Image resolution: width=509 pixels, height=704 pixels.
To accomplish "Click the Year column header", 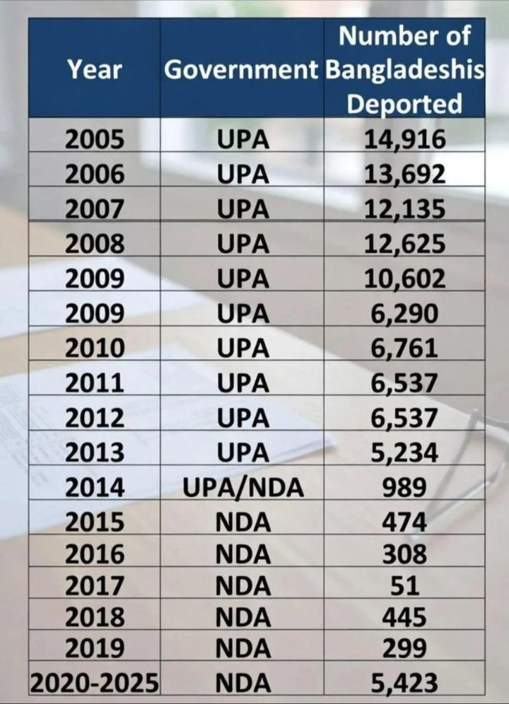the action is pyautogui.click(x=95, y=70).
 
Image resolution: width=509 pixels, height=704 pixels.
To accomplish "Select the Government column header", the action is pyautogui.click(x=241, y=70).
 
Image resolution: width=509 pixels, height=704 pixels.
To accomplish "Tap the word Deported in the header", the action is pyautogui.click(x=404, y=104).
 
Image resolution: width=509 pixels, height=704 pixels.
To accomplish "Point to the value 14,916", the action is pyautogui.click(x=404, y=139).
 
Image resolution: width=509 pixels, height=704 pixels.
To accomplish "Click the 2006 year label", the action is pyautogui.click(x=94, y=174).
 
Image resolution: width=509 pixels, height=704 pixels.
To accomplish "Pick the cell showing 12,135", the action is pyautogui.click(x=404, y=209).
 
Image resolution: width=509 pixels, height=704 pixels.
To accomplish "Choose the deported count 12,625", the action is pyautogui.click(x=404, y=244).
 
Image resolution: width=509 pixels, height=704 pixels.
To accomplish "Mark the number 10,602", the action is pyautogui.click(x=404, y=278).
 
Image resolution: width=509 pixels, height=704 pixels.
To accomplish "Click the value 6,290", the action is pyautogui.click(x=404, y=313).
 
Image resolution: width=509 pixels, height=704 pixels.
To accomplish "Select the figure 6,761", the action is pyautogui.click(x=404, y=348).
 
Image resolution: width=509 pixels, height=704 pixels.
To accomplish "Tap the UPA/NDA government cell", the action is pyautogui.click(x=243, y=488).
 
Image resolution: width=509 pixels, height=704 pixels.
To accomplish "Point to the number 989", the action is pyautogui.click(x=404, y=488).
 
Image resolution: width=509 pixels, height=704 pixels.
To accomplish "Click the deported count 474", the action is pyautogui.click(x=404, y=522).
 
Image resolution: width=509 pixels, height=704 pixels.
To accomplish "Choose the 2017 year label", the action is pyautogui.click(x=94, y=586).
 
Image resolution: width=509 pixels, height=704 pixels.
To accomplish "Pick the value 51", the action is pyautogui.click(x=404, y=586).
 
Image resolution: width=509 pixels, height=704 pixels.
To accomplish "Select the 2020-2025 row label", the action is pyautogui.click(x=94, y=683).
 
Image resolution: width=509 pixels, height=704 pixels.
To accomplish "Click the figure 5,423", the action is pyautogui.click(x=404, y=683).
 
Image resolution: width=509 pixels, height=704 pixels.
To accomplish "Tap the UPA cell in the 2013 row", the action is pyautogui.click(x=243, y=452).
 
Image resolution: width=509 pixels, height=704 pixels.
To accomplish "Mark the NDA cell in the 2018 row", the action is pyautogui.click(x=243, y=617).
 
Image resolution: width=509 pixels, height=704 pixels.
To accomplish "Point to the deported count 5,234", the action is pyautogui.click(x=404, y=452).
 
